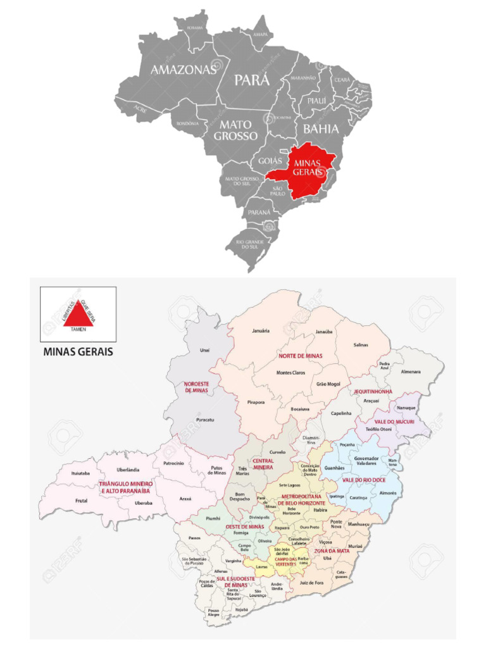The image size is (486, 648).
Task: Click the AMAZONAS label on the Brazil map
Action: point(183,70)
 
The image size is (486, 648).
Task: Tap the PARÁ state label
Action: point(252,80)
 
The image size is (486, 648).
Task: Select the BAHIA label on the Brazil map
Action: point(321,129)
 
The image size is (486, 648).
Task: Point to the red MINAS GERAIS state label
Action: point(308,168)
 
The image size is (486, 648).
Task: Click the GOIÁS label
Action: point(270,161)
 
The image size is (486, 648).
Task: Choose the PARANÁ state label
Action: point(259,211)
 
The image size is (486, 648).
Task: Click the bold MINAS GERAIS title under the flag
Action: point(78,352)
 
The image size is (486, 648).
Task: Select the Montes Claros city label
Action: point(291,373)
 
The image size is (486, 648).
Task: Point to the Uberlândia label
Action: point(128,470)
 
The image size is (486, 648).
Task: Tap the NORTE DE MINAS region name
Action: point(300,356)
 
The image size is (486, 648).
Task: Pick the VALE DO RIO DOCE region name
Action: point(364,480)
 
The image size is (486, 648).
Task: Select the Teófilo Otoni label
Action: point(378,430)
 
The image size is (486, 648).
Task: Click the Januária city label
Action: point(261,331)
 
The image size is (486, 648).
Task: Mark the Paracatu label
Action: point(204,420)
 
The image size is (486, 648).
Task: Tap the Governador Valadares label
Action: point(365,461)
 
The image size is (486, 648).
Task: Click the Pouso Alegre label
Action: point(213,613)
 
